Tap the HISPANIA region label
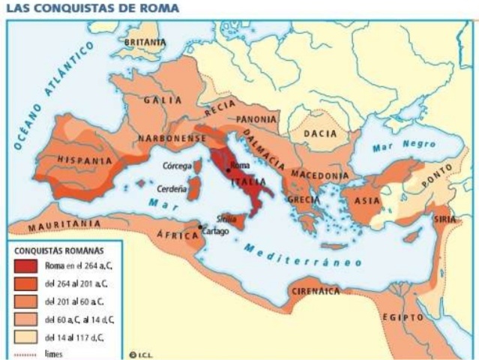[x=82, y=160]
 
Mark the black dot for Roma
[x=229, y=170]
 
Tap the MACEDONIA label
[x=320, y=175]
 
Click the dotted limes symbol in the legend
[x=26, y=353]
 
